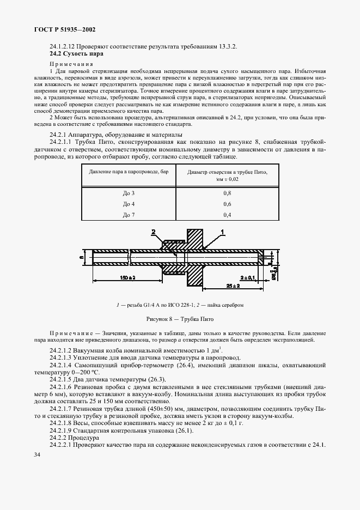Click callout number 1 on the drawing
click(x=223, y=232)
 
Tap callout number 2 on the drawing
click(x=154, y=233)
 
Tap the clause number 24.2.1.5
click(x=63, y=379)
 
